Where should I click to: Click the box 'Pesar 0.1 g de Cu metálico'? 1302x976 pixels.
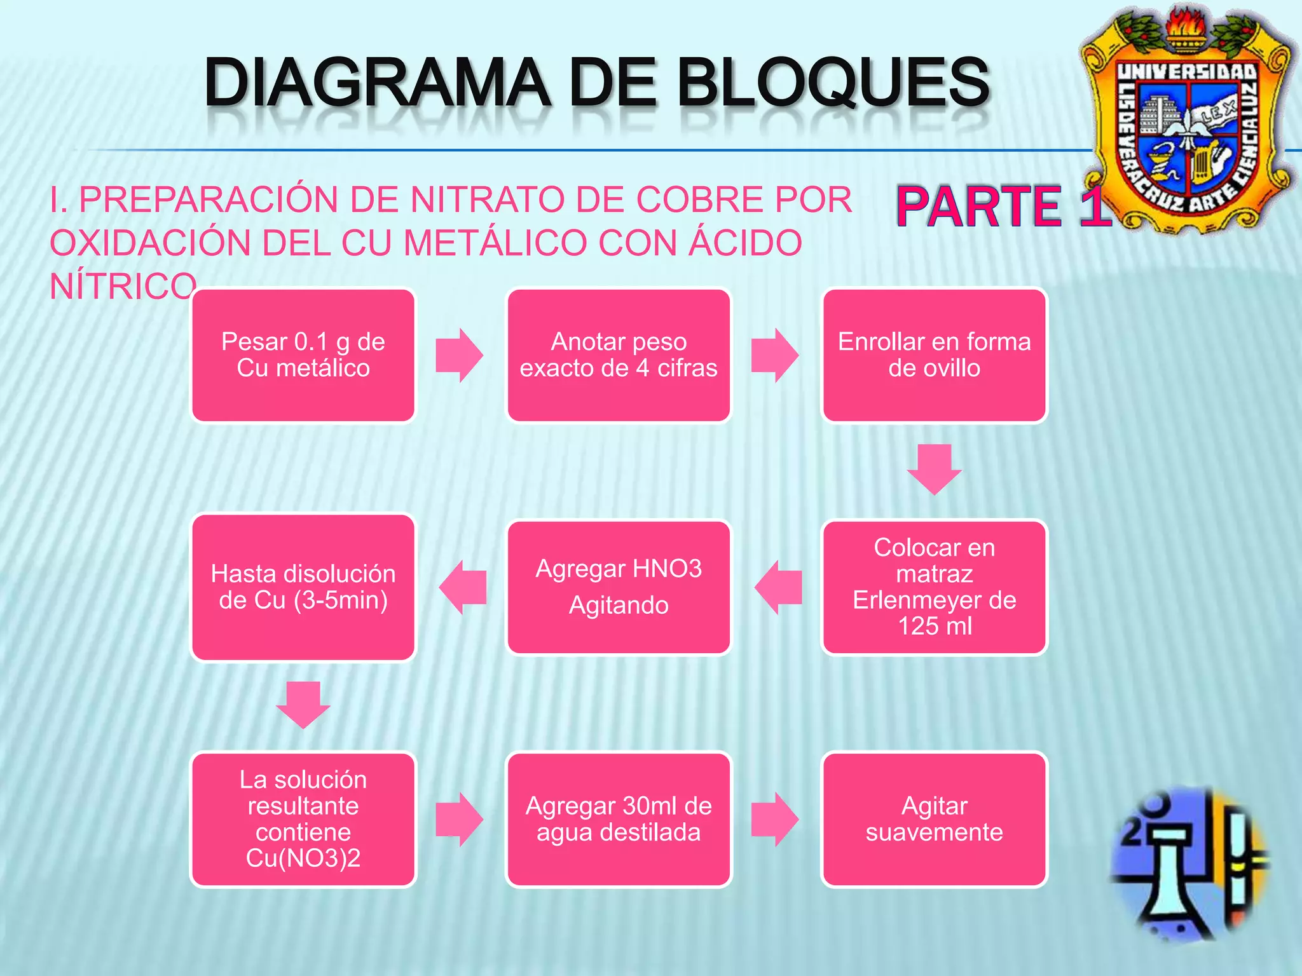coord(303,355)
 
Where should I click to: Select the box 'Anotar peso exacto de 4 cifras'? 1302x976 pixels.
coord(619,355)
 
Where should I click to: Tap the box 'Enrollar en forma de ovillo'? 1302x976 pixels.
coord(934,355)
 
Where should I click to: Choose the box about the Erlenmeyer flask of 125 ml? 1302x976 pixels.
coord(934,587)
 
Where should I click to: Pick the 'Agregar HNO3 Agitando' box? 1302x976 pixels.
coord(619,587)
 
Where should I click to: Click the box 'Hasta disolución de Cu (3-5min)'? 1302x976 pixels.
coord(303,587)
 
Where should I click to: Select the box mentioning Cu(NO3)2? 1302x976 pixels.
coord(303,819)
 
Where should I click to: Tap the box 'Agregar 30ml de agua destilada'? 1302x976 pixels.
coord(619,819)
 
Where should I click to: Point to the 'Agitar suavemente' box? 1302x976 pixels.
coord(934,819)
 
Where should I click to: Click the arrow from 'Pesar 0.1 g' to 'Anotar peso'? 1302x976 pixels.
coord(459,355)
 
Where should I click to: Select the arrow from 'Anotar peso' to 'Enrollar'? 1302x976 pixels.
coord(774,355)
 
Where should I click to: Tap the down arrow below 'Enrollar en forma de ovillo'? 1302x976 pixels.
coord(934,469)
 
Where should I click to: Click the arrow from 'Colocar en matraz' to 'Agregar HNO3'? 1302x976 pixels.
coord(778,587)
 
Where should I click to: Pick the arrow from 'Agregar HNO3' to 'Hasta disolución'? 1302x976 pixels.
coord(463,587)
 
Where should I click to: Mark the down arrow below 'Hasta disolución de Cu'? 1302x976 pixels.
coord(303,705)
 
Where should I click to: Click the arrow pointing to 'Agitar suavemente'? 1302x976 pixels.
coord(774,819)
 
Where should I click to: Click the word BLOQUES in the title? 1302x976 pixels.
coord(833,83)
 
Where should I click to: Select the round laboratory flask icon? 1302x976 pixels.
coord(1189,864)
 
